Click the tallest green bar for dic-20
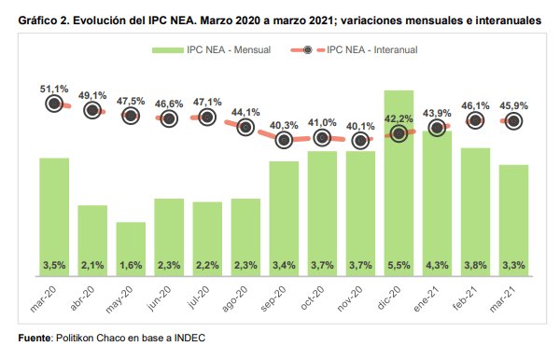pyautogui.click(x=399, y=183)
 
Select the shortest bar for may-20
pyautogui.click(x=131, y=249)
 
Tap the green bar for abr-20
pyautogui.click(x=92, y=241)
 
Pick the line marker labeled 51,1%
pyautogui.click(x=54, y=104)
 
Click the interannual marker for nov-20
pyautogui.click(x=360, y=141)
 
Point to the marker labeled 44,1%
pyautogui.click(x=245, y=127)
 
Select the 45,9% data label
pyautogui.click(x=513, y=105)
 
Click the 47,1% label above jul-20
pyautogui.click(x=207, y=103)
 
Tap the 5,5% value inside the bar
pyautogui.click(x=399, y=266)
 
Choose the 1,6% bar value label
pyautogui.click(x=131, y=266)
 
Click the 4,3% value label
pyautogui.click(x=437, y=266)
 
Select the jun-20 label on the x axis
pyautogui.click(x=160, y=299)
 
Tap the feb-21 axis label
pyautogui.click(x=465, y=298)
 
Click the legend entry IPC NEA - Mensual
pyautogui.click(x=211, y=50)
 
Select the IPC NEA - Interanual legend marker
pyautogui.click(x=307, y=50)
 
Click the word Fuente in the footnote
pyautogui.click(x=35, y=338)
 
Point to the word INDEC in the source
pyautogui.click(x=189, y=338)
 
